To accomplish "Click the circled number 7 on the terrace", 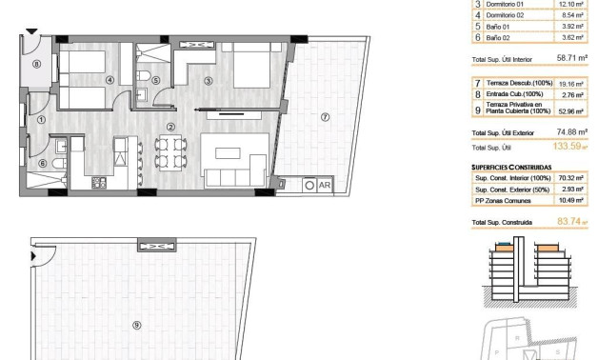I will [x=325, y=117].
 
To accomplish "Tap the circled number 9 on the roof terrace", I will [x=137, y=325].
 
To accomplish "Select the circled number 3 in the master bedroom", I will [x=208, y=81].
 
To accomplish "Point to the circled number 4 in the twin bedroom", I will [x=110, y=81].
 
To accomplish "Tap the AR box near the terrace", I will [x=324, y=185].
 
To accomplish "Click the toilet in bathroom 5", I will [x=141, y=76].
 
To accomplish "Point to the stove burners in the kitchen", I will [x=96, y=183].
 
